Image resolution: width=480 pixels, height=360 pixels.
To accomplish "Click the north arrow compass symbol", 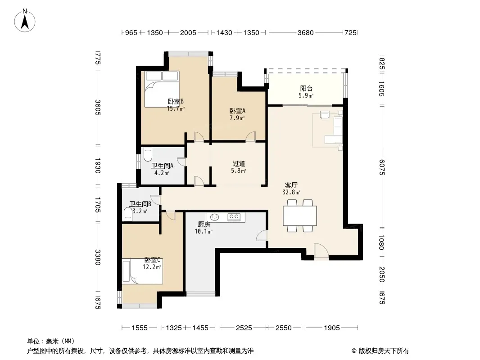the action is tap(25, 20).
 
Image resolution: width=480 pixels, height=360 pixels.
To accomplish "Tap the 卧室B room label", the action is tap(176, 101).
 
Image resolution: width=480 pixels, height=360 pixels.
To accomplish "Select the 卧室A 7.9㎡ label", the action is tap(237, 114).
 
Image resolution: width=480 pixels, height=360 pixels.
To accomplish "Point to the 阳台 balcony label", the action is tap(306, 88).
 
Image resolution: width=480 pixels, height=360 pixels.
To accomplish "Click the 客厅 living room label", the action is tap(291, 185).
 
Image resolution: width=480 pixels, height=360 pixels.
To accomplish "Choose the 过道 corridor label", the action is tap(239, 164).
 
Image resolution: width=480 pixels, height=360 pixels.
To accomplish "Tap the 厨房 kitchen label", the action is tap(204, 224).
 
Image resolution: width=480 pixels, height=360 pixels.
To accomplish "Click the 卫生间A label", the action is tap(162, 166).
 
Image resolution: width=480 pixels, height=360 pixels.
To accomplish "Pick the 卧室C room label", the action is tap(152, 260).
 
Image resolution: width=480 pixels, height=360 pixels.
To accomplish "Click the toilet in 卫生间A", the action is tap(148, 154).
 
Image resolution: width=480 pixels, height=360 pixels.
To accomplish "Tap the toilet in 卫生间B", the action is tap(127, 214).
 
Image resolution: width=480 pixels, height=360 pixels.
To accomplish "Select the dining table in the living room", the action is tap(300, 216).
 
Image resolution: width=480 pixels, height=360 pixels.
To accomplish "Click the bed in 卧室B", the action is tap(162, 89).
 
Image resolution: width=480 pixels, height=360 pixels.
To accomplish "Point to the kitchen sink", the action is tap(215, 217).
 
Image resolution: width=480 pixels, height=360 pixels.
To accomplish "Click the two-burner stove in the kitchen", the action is tap(234, 217).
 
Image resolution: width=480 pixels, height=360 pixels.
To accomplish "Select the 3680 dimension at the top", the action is tap(305, 32).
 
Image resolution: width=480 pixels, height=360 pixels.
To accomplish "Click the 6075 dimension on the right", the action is tap(381, 167).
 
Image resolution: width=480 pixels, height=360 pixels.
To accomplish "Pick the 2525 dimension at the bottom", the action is tap(244, 328).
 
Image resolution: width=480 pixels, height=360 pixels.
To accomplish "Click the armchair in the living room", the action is tap(324, 114).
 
